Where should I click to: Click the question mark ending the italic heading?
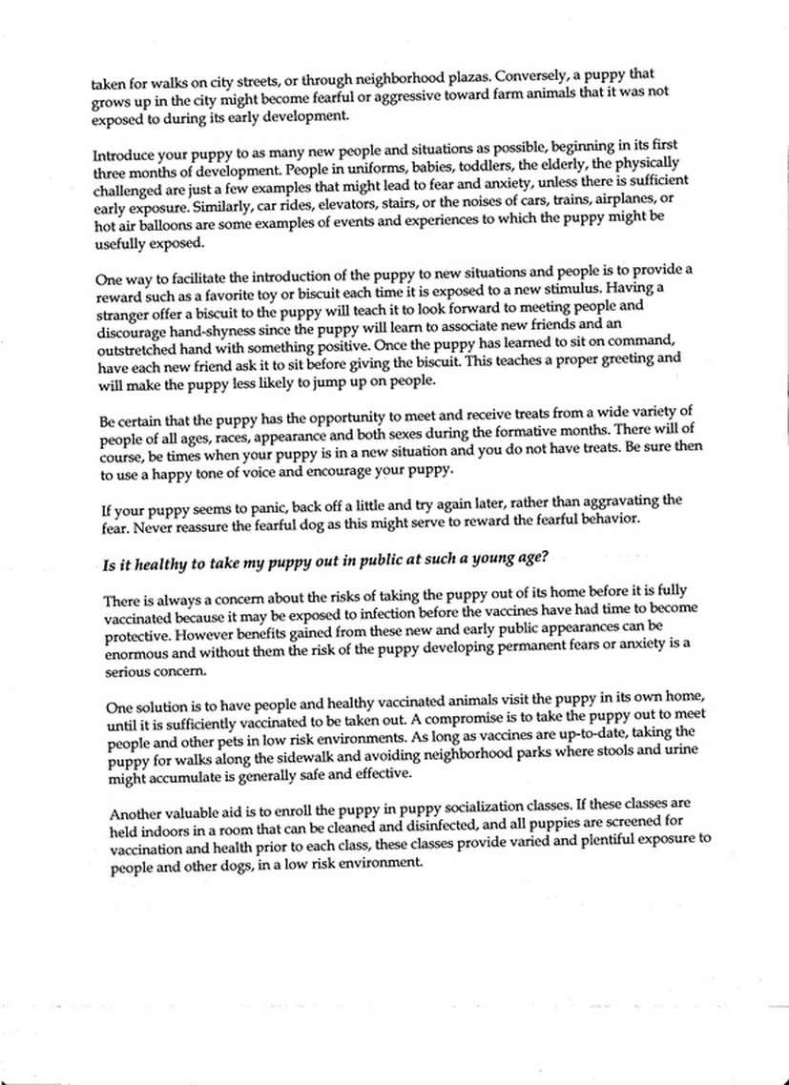(545, 556)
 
